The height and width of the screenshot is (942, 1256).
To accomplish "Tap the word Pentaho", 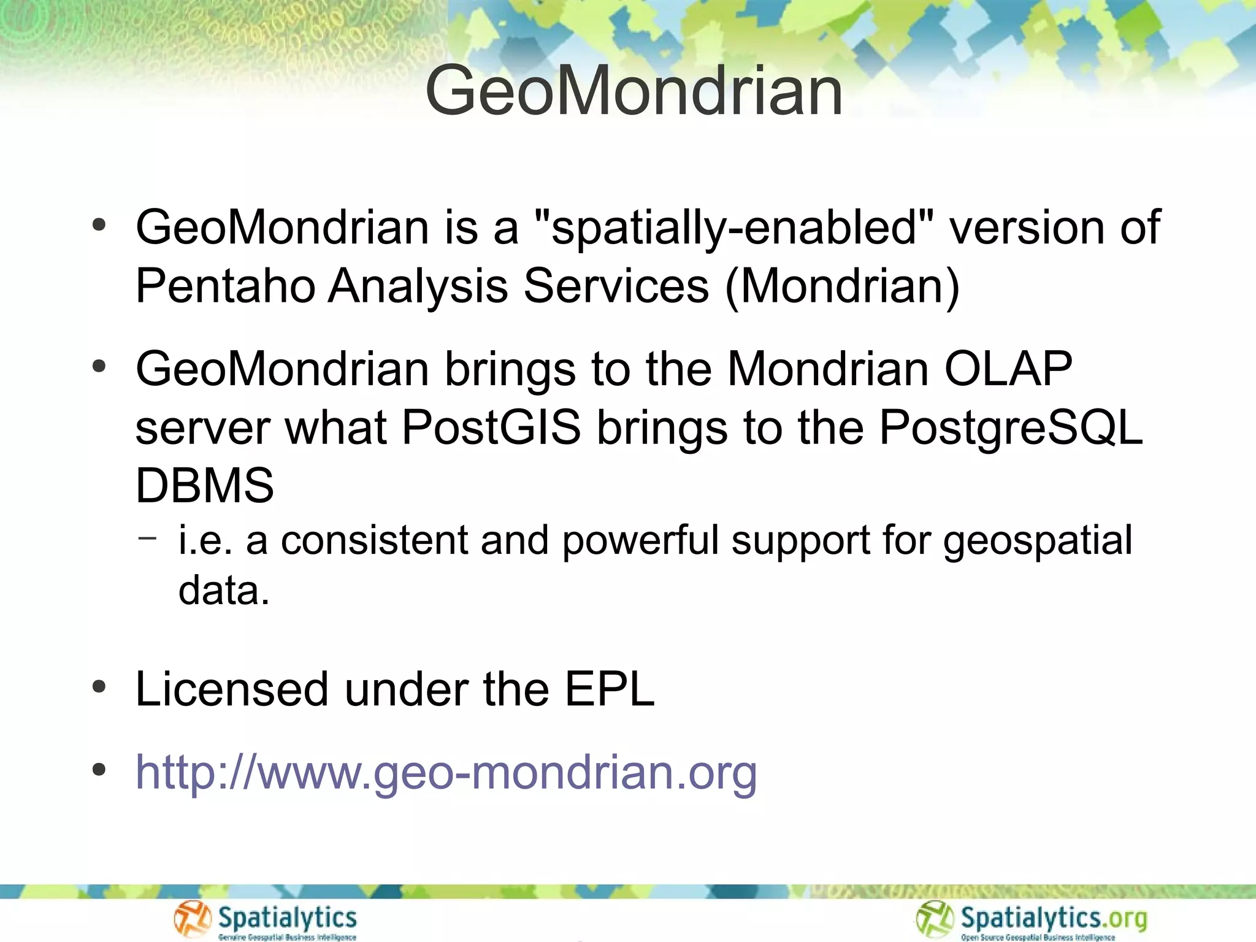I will [226, 286].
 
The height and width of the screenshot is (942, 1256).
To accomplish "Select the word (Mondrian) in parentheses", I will [842, 286].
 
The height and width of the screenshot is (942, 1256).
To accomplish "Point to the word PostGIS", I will [491, 427].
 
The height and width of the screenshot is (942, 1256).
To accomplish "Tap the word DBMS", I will [204, 486].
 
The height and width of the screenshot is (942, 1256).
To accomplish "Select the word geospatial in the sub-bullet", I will [1037, 541].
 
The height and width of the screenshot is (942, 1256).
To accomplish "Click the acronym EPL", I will [610, 689].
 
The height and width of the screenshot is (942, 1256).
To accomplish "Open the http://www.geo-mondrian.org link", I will [446, 772].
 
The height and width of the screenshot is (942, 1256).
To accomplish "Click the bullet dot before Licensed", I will [99, 687].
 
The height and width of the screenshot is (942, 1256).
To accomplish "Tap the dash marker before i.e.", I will [148, 538].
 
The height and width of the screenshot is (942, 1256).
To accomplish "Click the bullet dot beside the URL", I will [99, 770].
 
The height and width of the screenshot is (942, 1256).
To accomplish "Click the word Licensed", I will [232, 689].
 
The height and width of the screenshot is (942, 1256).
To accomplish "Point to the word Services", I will [616, 286].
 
